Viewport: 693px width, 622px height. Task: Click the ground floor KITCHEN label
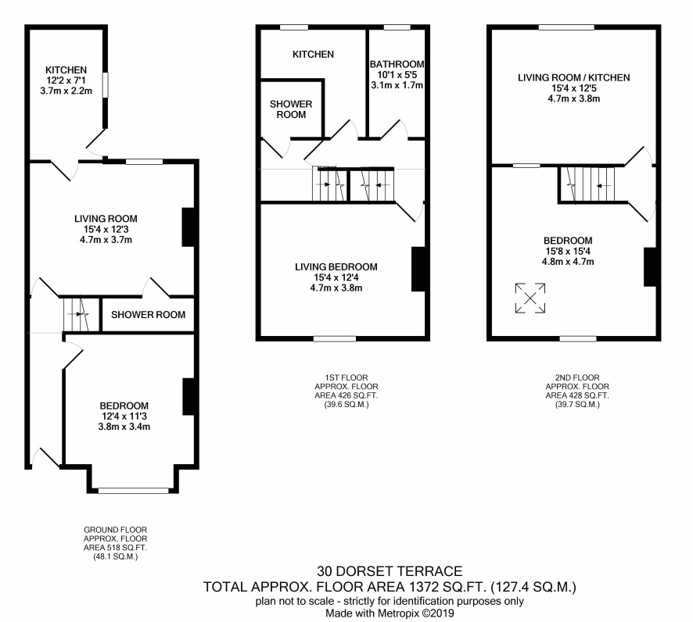tap(66, 70)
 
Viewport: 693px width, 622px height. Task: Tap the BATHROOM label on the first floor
tap(397, 64)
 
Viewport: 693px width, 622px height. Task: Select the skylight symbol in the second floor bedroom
tap(530, 298)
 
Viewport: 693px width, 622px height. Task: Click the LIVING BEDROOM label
tap(336, 266)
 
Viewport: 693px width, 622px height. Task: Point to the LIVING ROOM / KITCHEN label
tap(573, 77)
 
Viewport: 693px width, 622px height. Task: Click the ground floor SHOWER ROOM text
tap(148, 315)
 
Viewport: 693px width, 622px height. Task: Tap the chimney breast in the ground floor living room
tap(189, 227)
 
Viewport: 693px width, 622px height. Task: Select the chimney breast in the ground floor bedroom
tap(189, 396)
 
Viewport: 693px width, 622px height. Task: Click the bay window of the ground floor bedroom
tap(134, 491)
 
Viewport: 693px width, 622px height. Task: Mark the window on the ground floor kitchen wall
tap(105, 84)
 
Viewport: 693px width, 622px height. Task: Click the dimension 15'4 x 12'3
tap(106, 229)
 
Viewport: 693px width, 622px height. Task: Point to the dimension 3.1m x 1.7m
tap(397, 85)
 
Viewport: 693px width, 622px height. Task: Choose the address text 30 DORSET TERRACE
tap(390, 571)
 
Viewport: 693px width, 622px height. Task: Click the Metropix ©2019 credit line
tap(390, 613)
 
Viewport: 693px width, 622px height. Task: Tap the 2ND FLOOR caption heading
tap(577, 377)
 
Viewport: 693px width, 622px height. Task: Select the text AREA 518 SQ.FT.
tap(115, 548)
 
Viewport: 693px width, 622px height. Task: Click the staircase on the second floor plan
tap(587, 184)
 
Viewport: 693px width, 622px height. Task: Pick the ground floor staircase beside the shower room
tap(81, 314)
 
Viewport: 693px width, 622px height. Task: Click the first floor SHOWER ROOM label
tap(291, 109)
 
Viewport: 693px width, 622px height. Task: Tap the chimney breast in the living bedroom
tap(418, 269)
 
